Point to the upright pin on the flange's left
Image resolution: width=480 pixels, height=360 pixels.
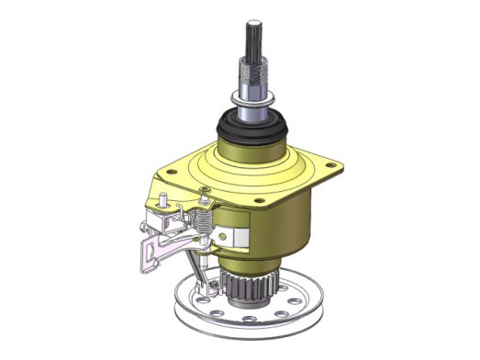coord(162,198)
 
